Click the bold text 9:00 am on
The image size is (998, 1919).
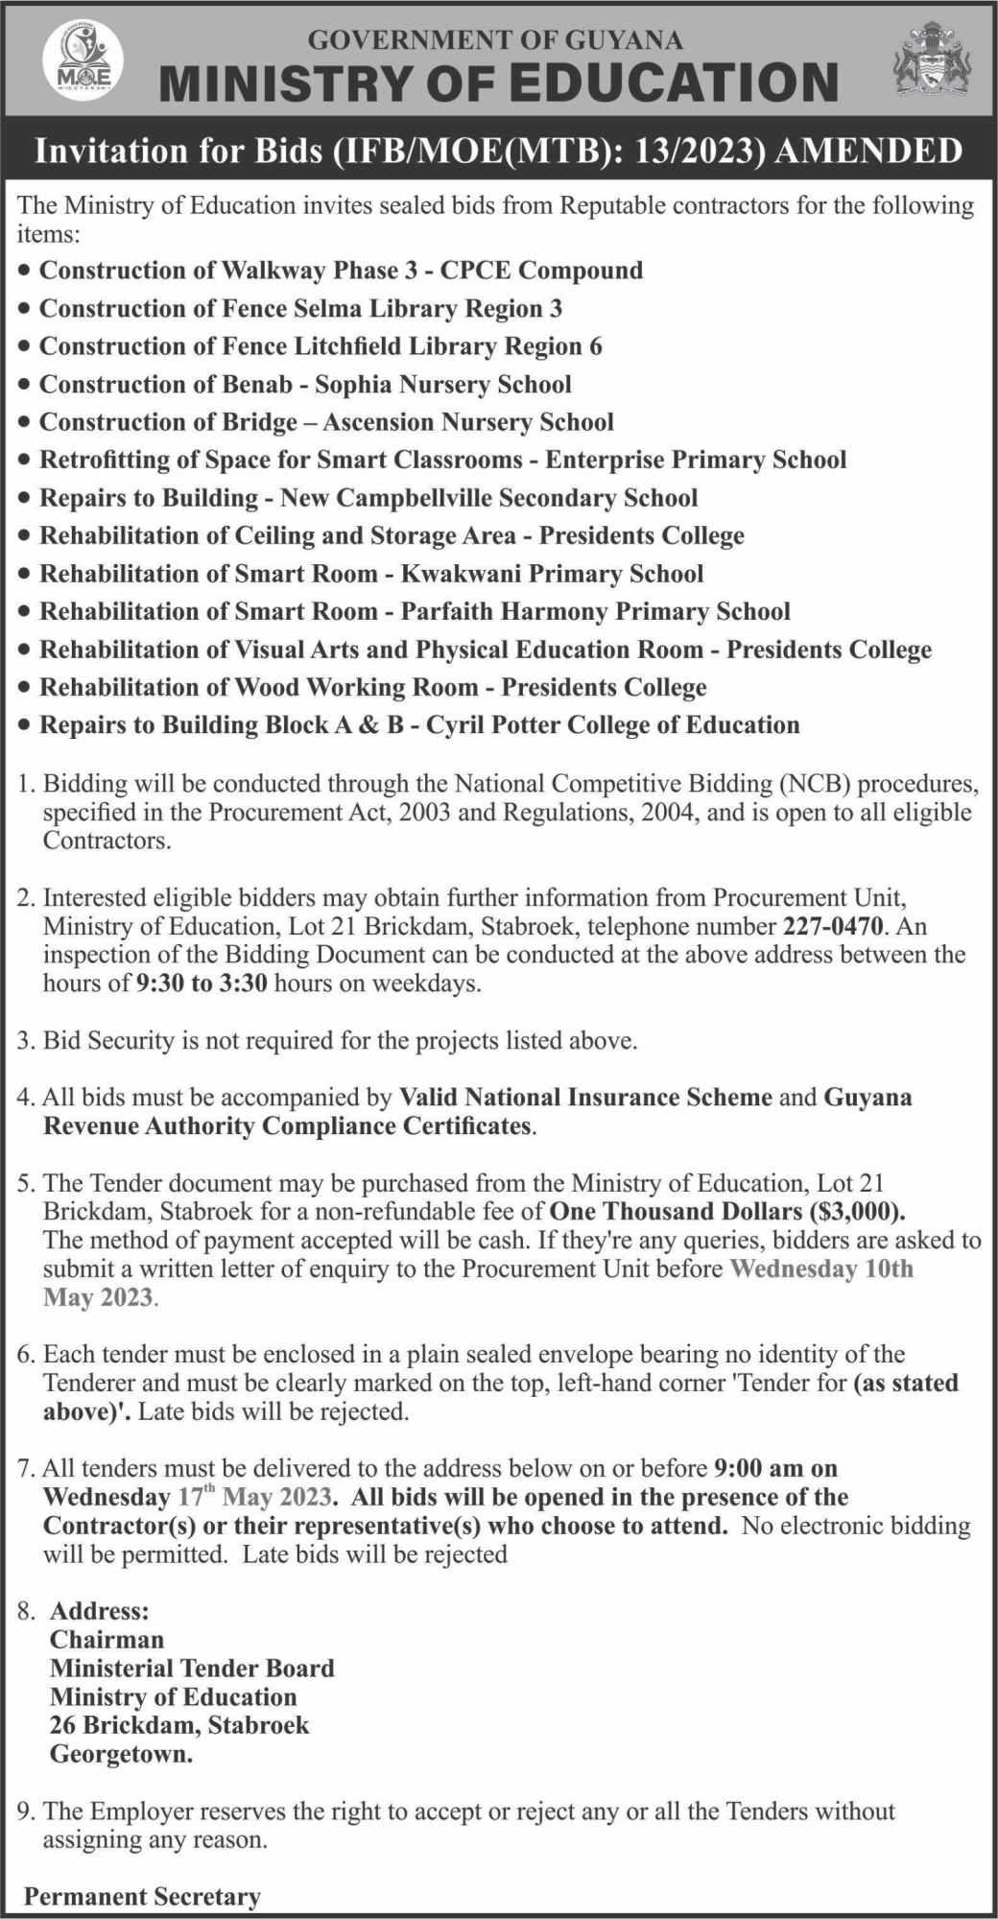tap(776, 1468)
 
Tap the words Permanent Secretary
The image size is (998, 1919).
tap(142, 1897)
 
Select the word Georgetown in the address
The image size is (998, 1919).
tap(121, 1755)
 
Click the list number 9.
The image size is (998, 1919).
tap(26, 1812)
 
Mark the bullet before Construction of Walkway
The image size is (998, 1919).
tap(25, 272)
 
